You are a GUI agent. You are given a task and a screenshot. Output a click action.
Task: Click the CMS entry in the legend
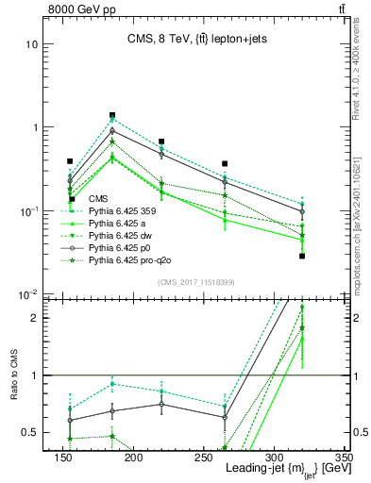click(x=98, y=199)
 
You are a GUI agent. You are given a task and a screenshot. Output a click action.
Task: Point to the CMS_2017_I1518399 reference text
click(x=195, y=281)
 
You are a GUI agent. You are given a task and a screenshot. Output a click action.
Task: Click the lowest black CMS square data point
click(x=302, y=256)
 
